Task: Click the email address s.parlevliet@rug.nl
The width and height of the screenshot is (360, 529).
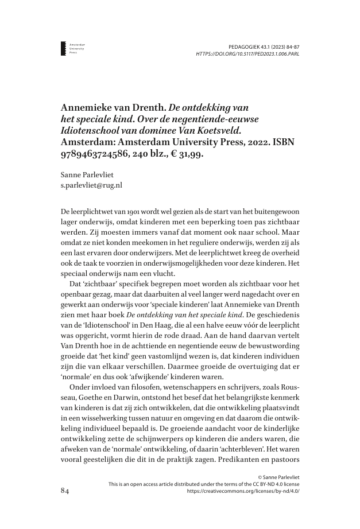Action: coord(91,185)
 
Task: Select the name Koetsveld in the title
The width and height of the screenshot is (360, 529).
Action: coord(208,131)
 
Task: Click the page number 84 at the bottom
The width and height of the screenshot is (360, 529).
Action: coord(67,492)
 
